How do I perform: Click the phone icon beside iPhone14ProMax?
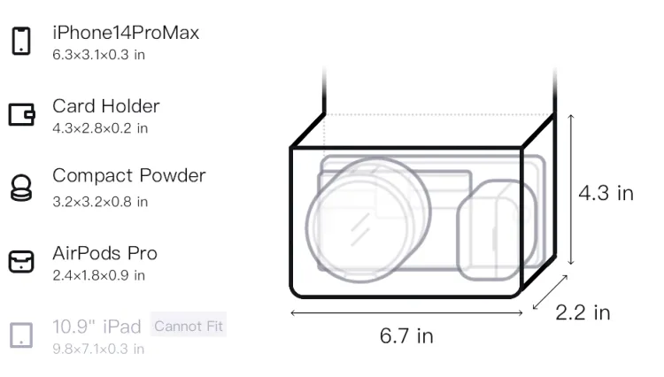tap(21, 41)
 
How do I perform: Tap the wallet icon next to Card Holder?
tap(21, 114)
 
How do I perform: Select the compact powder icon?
tap(21, 188)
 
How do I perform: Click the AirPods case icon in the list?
tap(21, 261)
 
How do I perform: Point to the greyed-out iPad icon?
tap(21, 335)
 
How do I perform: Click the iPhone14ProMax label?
tap(126, 33)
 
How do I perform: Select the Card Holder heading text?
tap(106, 106)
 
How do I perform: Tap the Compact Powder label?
tap(128, 175)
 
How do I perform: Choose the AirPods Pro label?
tap(104, 253)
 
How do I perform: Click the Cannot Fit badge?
tap(189, 326)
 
